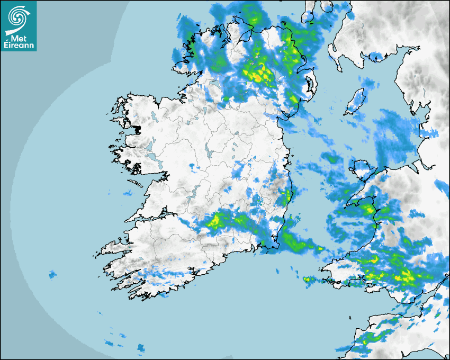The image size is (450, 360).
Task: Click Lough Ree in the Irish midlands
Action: [x=210, y=154]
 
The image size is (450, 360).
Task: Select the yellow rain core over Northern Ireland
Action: [x=259, y=74]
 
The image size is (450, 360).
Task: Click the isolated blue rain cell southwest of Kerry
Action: [x=52, y=274]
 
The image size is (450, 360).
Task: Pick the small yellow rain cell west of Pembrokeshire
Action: [x=307, y=279]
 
